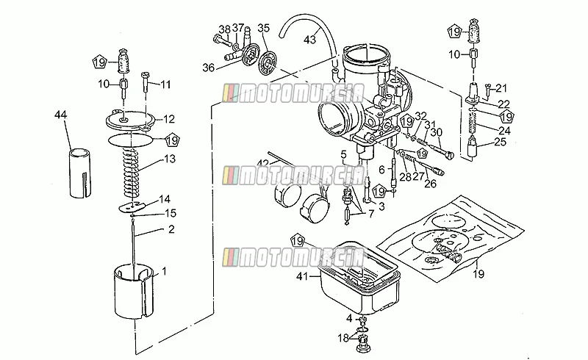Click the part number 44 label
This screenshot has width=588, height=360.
click(61, 115)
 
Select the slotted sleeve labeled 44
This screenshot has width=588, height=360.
click(80, 173)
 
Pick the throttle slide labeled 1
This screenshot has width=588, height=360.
click(134, 291)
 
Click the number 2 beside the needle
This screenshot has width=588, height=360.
click(171, 229)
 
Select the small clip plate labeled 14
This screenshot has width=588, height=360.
click(132, 206)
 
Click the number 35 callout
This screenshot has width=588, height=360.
click(264, 28)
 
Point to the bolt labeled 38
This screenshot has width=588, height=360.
click(223, 40)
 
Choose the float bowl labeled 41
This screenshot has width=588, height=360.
click(359, 278)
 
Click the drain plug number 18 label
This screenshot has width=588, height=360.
click(343, 338)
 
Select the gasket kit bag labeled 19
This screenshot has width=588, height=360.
click(450, 237)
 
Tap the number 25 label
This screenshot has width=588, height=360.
click(501, 142)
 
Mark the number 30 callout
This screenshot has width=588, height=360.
click(436, 132)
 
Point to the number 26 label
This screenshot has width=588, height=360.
click(431, 184)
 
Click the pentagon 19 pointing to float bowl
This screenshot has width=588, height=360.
click(298, 241)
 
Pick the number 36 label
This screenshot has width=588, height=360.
click(209, 68)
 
